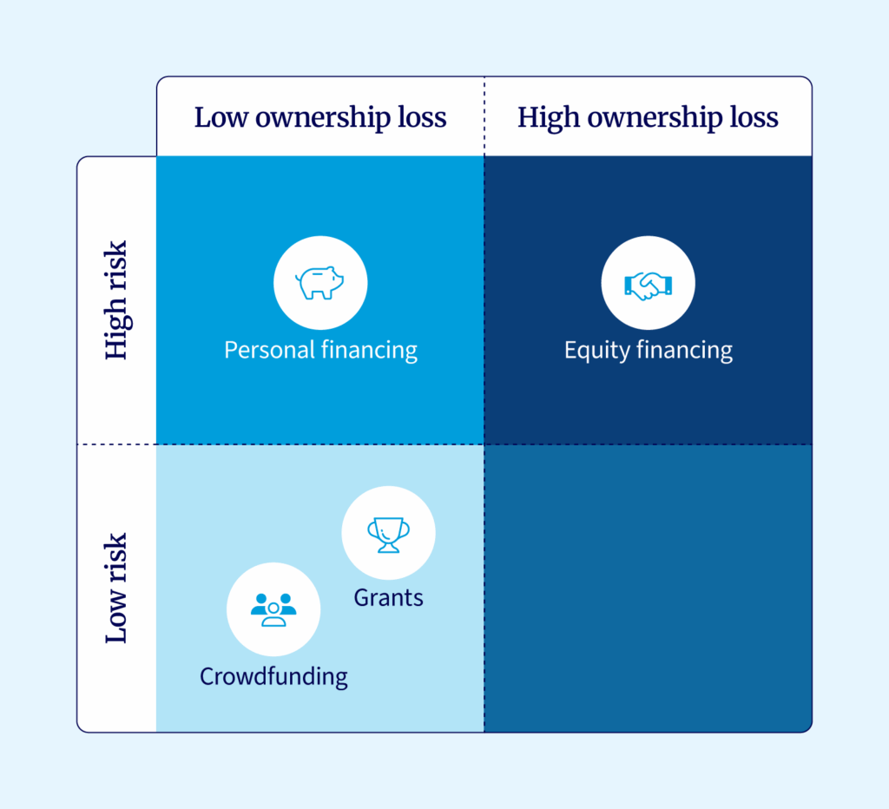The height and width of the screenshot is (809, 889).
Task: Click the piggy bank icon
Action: (x=320, y=283)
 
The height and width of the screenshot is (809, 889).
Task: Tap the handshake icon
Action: (x=648, y=283)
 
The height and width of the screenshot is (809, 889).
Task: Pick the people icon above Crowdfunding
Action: (x=273, y=609)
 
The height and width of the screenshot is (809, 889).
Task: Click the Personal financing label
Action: (x=320, y=350)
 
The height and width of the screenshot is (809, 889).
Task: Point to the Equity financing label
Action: (x=648, y=350)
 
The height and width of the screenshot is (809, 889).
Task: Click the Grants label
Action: (x=388, y=597)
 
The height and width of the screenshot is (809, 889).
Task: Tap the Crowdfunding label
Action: (x=273, y=676)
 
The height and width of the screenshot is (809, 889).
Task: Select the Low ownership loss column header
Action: (x=320, y=117)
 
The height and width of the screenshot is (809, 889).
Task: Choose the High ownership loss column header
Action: (x=648, y=117)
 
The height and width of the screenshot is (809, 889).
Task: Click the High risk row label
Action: (x=116, y=300)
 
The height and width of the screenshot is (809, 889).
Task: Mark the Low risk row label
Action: (x=116, y=588)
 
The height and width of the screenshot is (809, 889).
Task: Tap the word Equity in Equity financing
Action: (x=596, y=350)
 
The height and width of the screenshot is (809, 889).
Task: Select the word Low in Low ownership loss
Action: (x=220, y=117)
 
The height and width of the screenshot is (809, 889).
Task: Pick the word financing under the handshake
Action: (x=684, y=350)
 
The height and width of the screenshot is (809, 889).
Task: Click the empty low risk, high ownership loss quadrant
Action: (x=648, y=588)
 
